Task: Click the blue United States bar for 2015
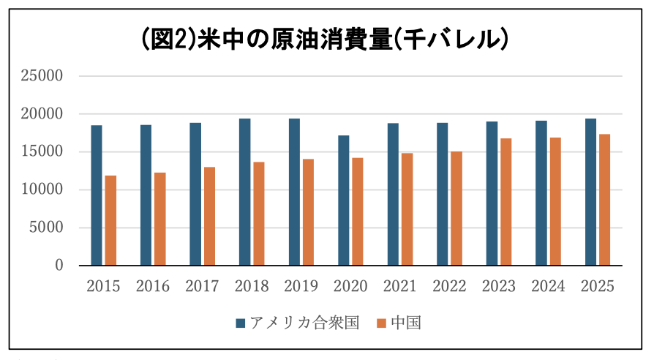tap(97, 195)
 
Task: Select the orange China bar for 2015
tap(110, 220)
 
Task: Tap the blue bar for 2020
tap(344, 200)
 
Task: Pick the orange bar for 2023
tap(506, 202)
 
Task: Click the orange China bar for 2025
tap(605, 200)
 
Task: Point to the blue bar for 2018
tap(245, 192)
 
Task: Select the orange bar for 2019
tap(308, 212)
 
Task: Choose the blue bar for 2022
tap(443, 194)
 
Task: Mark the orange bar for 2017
tap(209, 216)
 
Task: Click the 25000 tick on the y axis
tap(42, 76)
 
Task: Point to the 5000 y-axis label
tap(46, 228)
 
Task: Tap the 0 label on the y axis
tap(59, 266)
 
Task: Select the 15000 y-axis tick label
tap(42, 151)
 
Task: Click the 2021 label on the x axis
tap(399, 286)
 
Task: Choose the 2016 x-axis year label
tap(153, 286)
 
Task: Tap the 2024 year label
tap(548, 286)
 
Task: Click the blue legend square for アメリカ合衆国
tap(240, 323)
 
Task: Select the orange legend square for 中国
tap(381, 323)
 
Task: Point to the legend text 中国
tap(406, 323)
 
